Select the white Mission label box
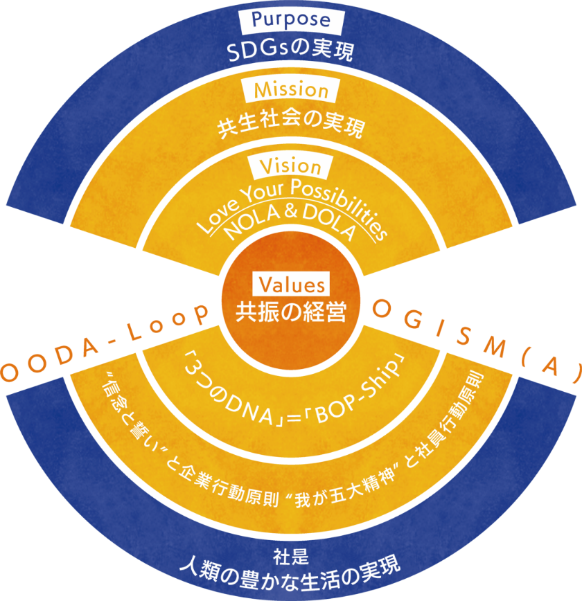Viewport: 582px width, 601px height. [291, 90]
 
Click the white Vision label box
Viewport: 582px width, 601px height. [290, 168]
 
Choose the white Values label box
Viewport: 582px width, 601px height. [291, 285]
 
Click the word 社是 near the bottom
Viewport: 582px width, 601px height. [290, 555]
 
